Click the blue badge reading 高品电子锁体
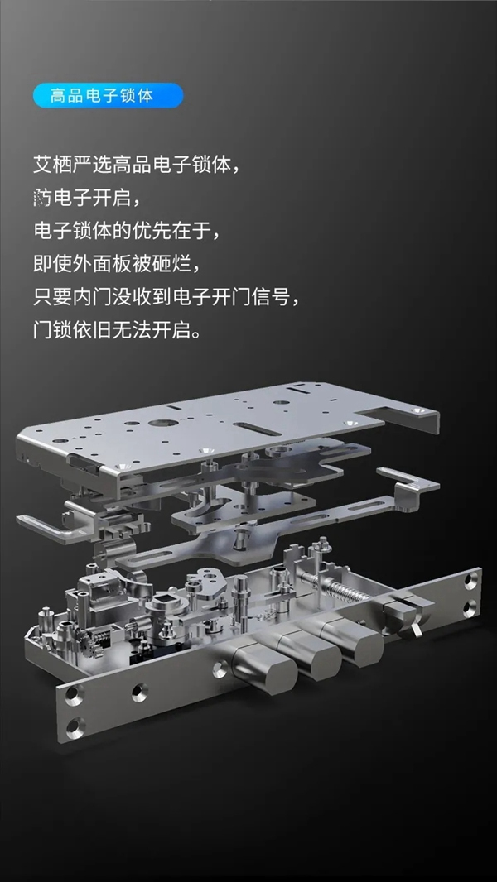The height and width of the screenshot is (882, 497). pos(108,94)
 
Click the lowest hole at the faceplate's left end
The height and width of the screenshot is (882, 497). pos(75,729)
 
